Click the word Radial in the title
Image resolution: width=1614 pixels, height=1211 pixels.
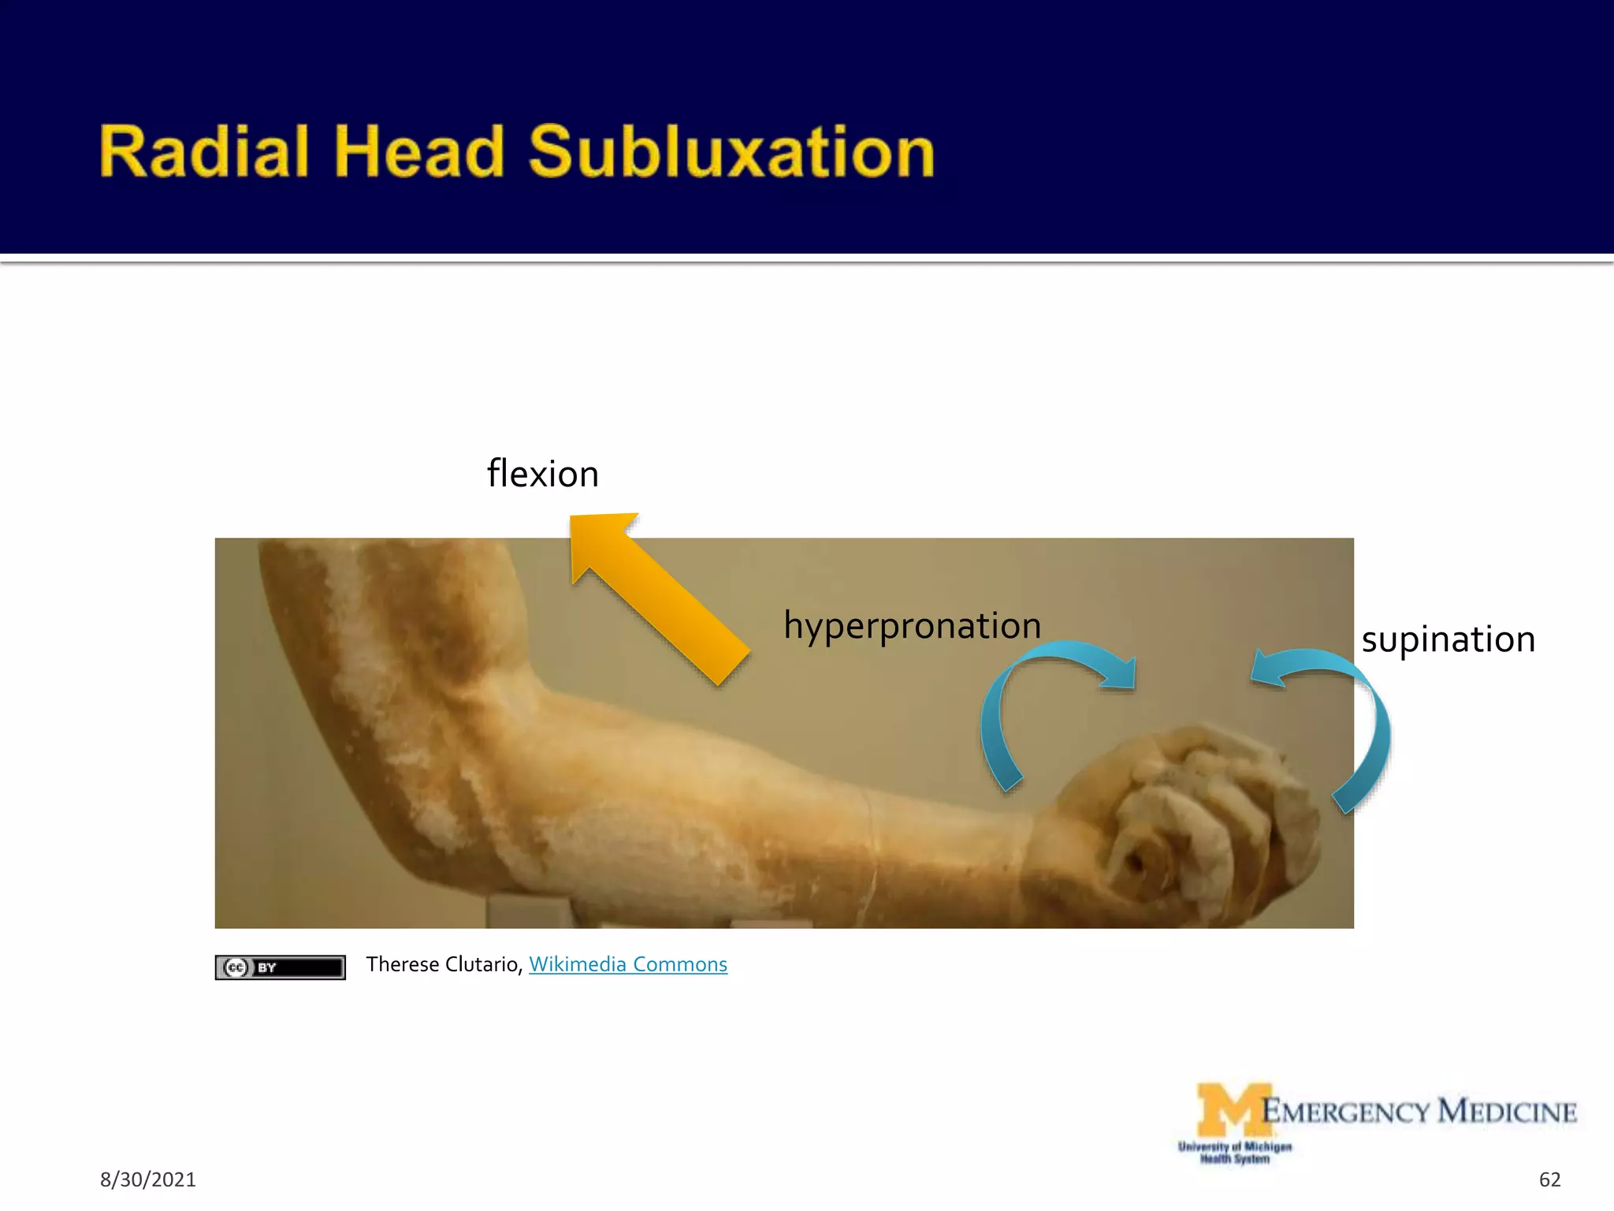tap(203, 151)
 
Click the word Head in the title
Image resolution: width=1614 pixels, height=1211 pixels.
tap(418, 151)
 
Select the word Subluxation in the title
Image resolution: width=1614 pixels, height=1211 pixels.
tap(731, 151)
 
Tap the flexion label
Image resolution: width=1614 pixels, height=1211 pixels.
tap(543, 475)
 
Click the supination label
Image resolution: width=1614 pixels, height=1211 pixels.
tap(1449, 639)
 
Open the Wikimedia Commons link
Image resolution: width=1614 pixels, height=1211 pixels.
tap(628, 964)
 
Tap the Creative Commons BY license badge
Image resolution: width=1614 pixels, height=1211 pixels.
tap(280, 967)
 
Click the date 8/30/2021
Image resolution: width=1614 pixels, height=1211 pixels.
tap(147, 1179)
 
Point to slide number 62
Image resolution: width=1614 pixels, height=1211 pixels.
tap(1549, 1179)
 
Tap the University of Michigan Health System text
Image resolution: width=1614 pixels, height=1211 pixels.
tap(1234, 1153)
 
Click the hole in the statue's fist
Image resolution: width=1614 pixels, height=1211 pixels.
tap(1136, 864)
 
